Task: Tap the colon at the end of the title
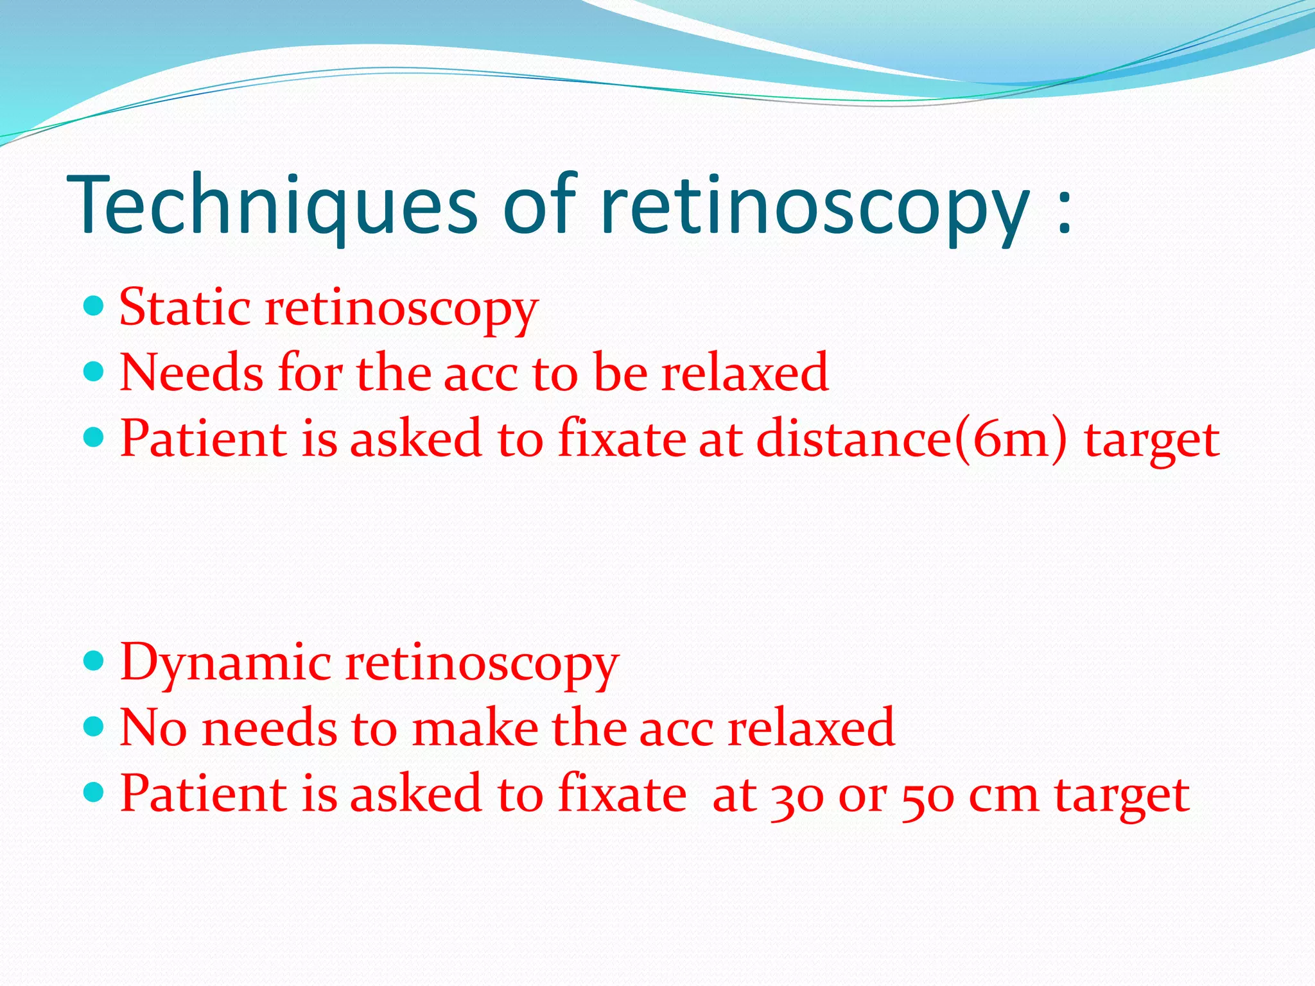1064,212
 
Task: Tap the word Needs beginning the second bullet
191,374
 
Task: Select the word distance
854,440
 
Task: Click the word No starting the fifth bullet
153,729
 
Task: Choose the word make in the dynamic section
475,729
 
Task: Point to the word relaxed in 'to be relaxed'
745,374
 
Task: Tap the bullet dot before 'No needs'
94,726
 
